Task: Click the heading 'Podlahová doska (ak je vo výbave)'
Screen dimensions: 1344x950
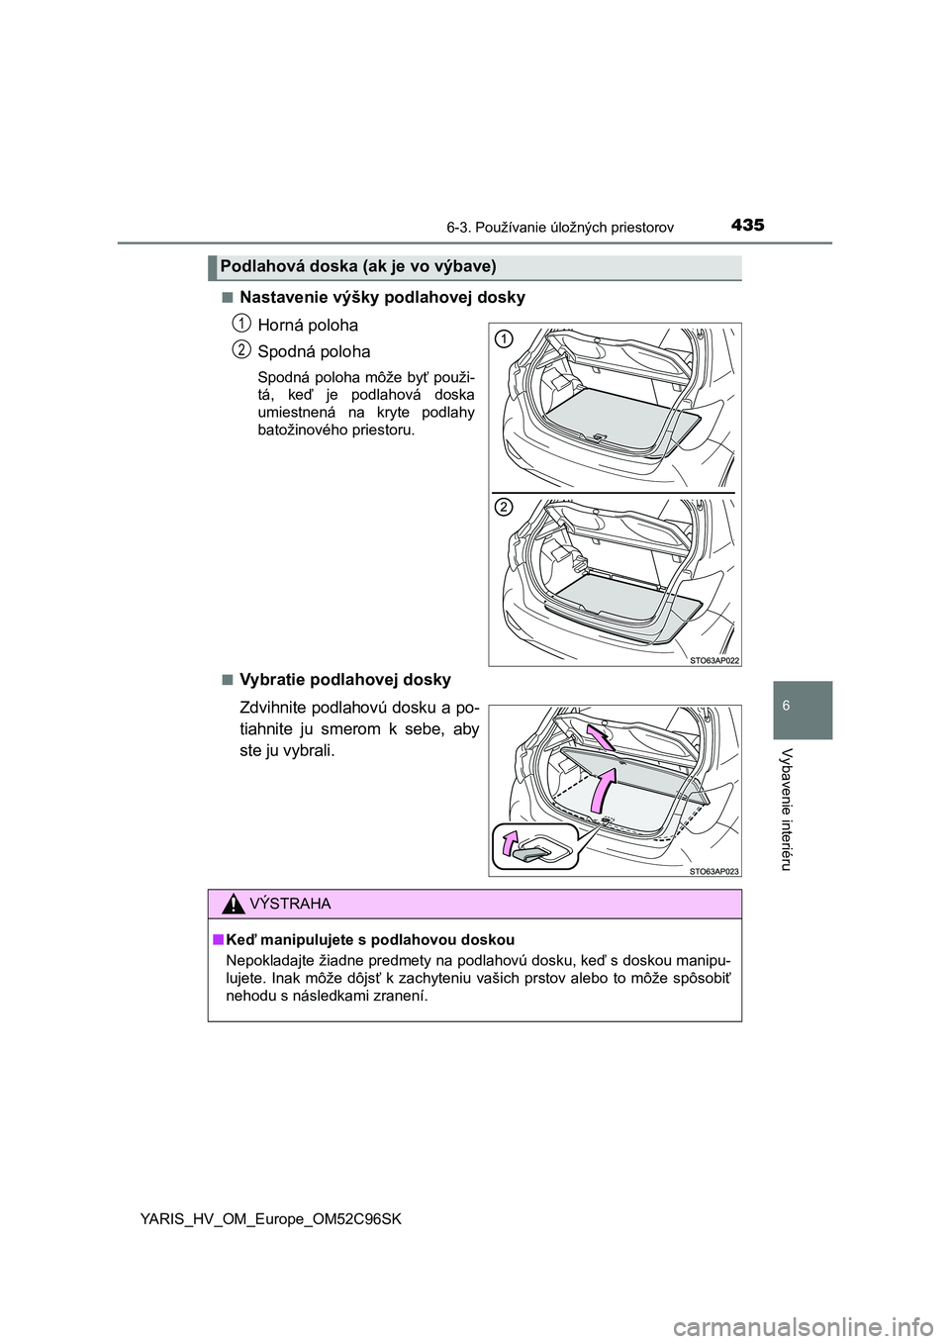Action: [358, 266]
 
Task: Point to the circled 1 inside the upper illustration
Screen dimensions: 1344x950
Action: [503, 339]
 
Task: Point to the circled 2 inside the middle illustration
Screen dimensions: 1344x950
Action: [503, 507]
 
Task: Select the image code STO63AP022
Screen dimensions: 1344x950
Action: [714, 658]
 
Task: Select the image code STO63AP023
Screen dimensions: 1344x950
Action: [714, 870]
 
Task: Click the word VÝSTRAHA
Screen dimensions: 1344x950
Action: [291, 905]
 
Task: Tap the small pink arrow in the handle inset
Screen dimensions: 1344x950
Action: [510, 841]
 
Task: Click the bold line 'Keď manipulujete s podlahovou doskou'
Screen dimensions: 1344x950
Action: [369, 939]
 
